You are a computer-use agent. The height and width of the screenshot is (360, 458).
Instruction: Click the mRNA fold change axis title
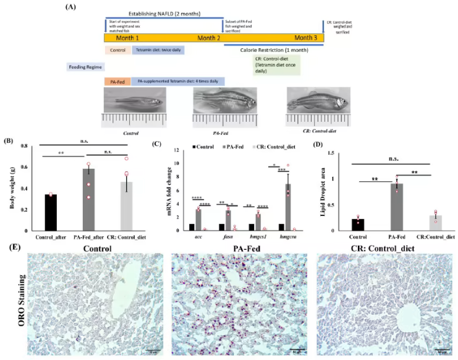tap(162, 188)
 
